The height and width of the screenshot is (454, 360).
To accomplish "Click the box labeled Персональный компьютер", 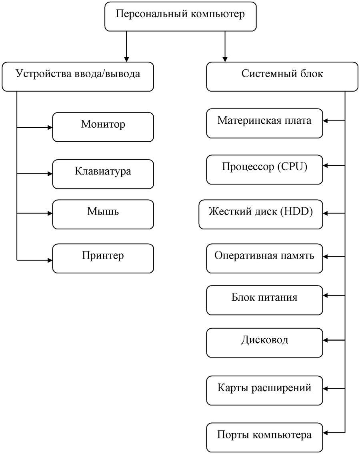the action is pos(180,16).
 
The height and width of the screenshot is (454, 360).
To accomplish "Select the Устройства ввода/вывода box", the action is pos(78,76).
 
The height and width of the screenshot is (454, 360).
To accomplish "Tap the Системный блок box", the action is pos(282,76).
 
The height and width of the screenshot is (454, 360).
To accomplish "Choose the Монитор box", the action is pos(103,127).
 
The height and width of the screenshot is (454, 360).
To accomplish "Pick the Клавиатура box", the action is pos(103,174).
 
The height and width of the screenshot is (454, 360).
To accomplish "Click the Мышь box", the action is pos(103,214).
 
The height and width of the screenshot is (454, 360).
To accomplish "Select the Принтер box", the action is pos(103,258).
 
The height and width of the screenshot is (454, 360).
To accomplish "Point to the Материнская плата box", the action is pos(264,123).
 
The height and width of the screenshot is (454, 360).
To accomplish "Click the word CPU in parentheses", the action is pos(294,167).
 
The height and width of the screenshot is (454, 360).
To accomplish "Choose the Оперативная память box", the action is pos(264,258).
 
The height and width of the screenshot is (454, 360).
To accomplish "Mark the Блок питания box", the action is pos(264,300).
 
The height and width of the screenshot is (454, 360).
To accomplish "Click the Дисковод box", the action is pos(264,343).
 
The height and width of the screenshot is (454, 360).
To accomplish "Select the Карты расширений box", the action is pos(264,391).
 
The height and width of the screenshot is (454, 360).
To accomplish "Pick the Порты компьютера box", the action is pos(264,438).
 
